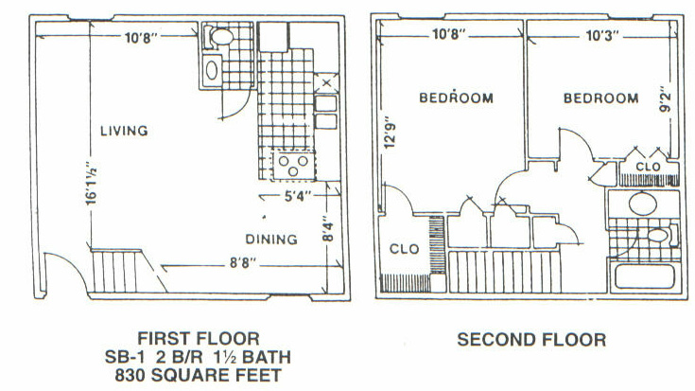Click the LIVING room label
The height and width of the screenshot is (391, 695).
pyautogui.click(x=124, y=131)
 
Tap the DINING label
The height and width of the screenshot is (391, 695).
pyautogui.click(x=271, y=240)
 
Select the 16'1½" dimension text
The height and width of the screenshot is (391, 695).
pyautogui.click(x=92, y=185)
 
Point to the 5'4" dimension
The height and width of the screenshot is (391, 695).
pyautogui.click(x=295, y=196)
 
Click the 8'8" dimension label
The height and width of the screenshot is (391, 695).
pyautogui.click(x=243, y=263)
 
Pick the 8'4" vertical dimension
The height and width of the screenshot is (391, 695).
pyautogui.click(x=327, y=229)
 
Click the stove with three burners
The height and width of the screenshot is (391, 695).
pyautogui.click(x=293, y=165)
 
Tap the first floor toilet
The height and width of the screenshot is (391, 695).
pyautogui.click(x=219, y=36)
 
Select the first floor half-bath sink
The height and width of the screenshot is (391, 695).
pyautogui.click(x=212, y=70)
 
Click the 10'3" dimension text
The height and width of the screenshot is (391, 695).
pyautogui.click(x=602, y=36)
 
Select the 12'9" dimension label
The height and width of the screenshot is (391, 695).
pyautogui.click(x=389, y=133)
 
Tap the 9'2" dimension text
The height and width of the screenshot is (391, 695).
pyautogui.click(x=665, y=101)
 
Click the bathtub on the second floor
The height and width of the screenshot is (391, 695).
pyautogui.click(x=645, y=276)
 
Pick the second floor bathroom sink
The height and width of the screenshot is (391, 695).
pyautogui.click(x=643, y=204)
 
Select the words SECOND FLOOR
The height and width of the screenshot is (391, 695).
pyautogui.click(x=531, y=340)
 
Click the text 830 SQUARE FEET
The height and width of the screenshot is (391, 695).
pyautogui.click(x=199, y=376)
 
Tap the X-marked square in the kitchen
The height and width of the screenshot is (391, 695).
pyautogui.click(x=326, y=83)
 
